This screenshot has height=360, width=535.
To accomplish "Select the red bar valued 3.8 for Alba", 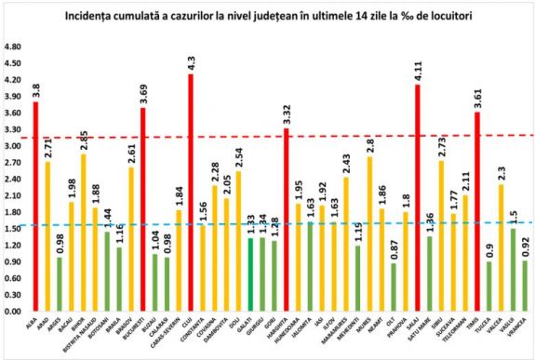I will pos(35,206).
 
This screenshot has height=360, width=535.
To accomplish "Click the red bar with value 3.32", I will pos(287,220).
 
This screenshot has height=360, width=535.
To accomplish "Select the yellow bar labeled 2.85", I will pos(84,233).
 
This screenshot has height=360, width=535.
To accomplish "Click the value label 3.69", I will pos(143,91).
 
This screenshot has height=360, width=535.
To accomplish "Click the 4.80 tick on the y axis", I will pos(13,47).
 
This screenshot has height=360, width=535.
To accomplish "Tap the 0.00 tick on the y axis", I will pos(13,312).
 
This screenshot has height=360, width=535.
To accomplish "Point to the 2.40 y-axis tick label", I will pos(13,180).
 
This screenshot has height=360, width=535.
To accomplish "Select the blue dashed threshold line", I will pos(233,224).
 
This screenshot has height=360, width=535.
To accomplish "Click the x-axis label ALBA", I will pos(34,326).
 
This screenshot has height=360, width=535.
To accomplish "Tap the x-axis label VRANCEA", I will pos(523,330).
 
